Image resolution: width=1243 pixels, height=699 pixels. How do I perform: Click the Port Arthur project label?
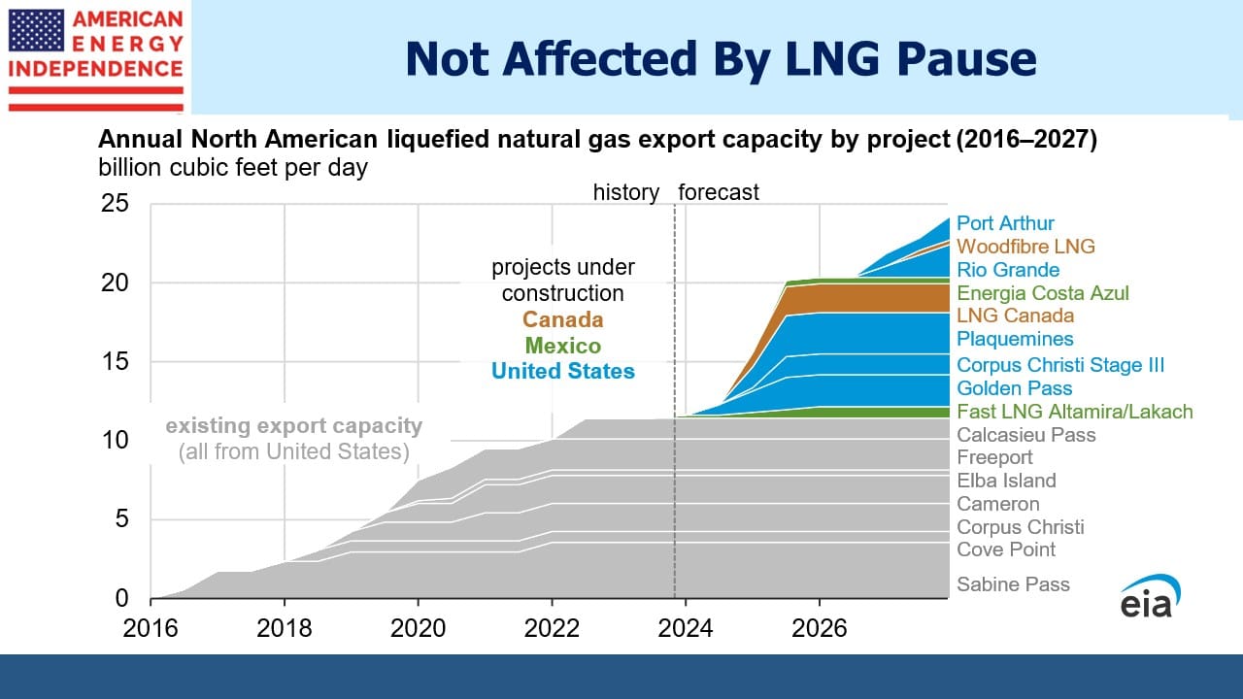(x=1005, y=223)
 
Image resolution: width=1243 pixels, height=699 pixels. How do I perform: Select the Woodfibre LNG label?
(x=1025, y=247)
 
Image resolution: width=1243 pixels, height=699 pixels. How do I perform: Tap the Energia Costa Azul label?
(x=1043, y=293)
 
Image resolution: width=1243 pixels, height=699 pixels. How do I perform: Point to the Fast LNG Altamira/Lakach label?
(x=1075, y=412)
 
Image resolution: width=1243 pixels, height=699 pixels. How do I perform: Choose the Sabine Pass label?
(x=1013, y=584)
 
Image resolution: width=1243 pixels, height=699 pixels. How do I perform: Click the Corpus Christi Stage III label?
(x=1060, y=365)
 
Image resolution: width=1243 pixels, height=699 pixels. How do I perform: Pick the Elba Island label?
(x=1006, y=481)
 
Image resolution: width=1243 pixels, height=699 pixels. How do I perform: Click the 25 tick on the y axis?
(x=115, y=204)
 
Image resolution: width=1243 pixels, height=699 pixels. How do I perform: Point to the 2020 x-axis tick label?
(x=418, y=628)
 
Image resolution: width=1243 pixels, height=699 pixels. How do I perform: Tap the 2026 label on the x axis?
(x=819, y=628)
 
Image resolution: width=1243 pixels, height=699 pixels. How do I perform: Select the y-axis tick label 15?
(x=115, y=362)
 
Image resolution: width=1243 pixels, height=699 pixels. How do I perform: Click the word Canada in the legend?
(x=562, y=319)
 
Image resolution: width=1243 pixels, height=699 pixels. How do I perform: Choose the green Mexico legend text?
(x=562, y=346)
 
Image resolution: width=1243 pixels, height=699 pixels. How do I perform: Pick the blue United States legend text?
(x=562, y=371)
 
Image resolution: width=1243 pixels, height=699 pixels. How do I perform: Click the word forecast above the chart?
(x=718, y=192)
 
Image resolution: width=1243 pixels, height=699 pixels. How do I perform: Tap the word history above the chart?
(x=626, y=192)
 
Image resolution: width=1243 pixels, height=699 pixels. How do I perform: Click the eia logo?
(x=1150, y=596)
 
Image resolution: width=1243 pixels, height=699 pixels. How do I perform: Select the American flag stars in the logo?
(x=36, y=30)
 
